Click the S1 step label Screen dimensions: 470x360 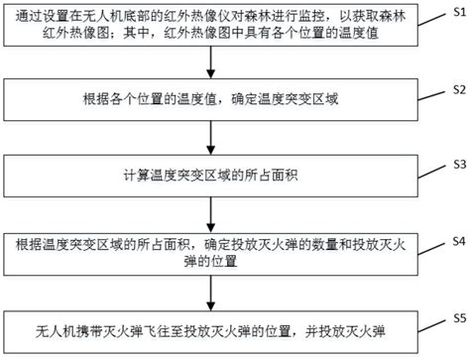[x=459, y=13]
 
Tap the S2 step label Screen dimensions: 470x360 [x=459, y=89]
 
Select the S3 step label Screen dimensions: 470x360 [x=459, y=164]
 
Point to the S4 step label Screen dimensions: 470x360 [x=459, y=241]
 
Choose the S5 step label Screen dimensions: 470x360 [x=459, y=318]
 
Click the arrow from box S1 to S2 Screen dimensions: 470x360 [x=210, y=62]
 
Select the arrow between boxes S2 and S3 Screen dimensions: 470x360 [x=210, y=138]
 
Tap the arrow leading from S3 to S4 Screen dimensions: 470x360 [x=210, y=214]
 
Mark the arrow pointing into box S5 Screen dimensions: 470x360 [x=210, y=293]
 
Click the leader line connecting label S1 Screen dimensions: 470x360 [x=431, y=19]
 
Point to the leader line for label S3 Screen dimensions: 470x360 [x=431, y=172]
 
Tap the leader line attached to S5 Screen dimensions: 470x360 [x=431, y=326]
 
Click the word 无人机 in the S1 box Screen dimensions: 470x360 [x=102, y=16]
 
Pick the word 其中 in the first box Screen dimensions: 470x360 [x=136, y=34]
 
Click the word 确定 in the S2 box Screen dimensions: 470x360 [x=244, y=99]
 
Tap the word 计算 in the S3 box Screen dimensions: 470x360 [x=137, y=176]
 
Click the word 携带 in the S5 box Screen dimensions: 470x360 [x=89, y=331]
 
